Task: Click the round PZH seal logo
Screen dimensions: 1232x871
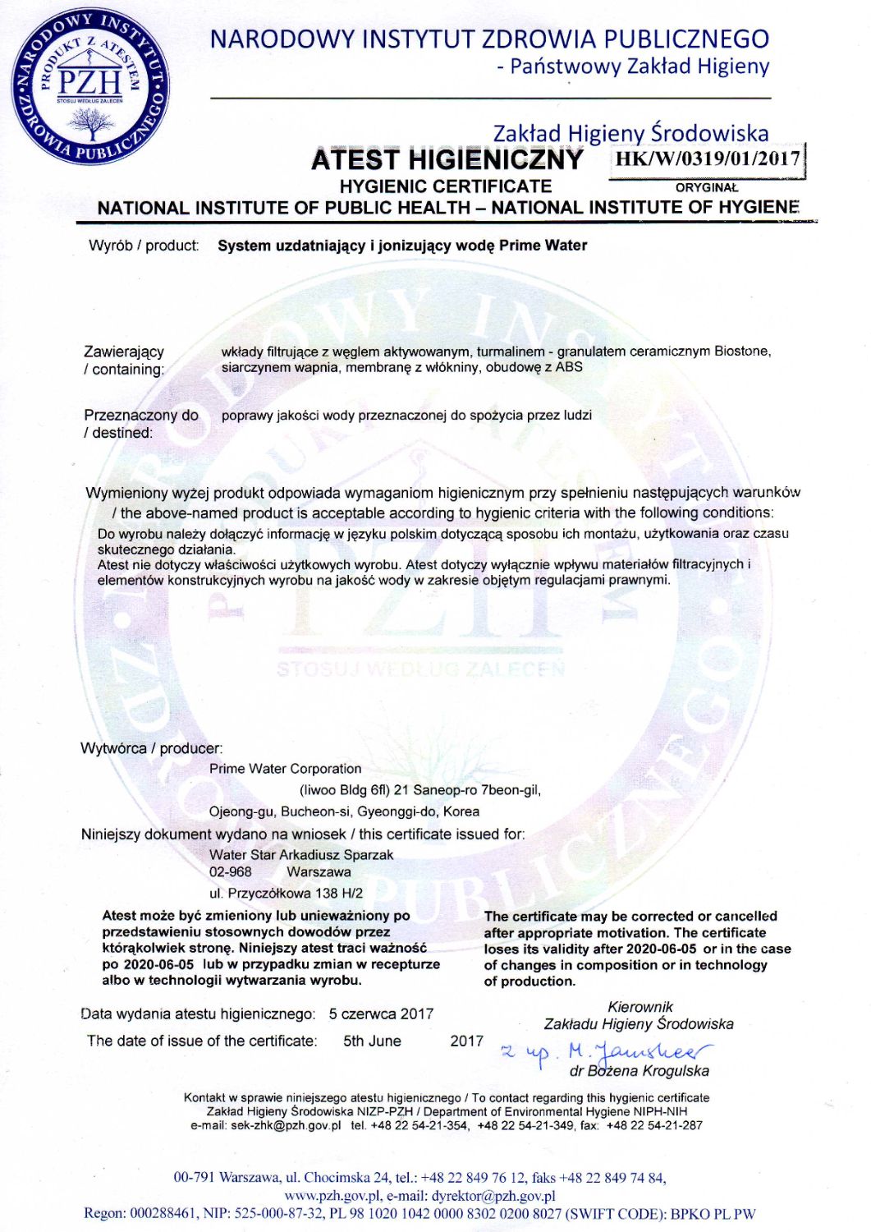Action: [x=89, y=87]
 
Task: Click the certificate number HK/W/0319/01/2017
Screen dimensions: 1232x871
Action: [x=707, y=159]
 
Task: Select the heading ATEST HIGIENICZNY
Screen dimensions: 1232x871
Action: [x=447, y=159]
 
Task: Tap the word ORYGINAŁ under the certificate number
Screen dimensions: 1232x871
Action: [x=706, y=187]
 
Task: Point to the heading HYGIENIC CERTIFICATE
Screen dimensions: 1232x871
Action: [x=445, y=186]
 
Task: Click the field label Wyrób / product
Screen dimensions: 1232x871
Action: [x=144, y=246]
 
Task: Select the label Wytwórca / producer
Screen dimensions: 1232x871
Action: [x=151, y=748]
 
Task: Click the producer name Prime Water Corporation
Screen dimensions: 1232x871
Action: [x=285, y=769]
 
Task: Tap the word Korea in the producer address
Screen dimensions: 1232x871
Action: [x=461, y=811]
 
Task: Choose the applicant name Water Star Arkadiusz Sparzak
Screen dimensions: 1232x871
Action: [x=301, y=855]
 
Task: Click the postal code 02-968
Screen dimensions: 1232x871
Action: [x=231, y=872]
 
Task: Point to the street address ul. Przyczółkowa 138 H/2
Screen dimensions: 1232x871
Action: [x=286, y=894]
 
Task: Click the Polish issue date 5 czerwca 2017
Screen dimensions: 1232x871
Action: [x=381, y=1014]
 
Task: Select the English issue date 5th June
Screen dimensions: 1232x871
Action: [x=372, y=1041]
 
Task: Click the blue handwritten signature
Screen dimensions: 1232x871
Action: [x=607, y=1051]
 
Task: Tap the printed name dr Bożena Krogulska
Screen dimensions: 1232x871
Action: [x=639, y=1071]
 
